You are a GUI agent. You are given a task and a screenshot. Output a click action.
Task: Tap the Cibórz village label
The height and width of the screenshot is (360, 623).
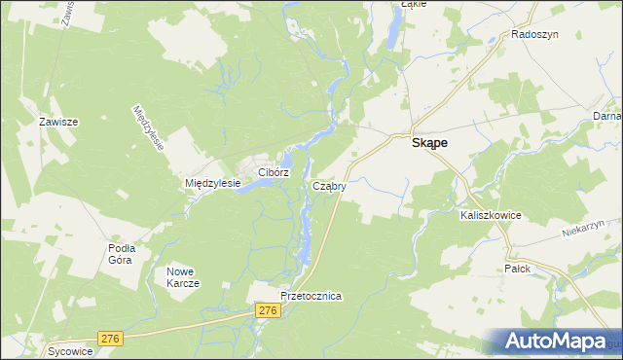[x=274, y=172]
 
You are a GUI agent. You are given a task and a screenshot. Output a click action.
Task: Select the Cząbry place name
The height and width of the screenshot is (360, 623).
[x=329, y=185]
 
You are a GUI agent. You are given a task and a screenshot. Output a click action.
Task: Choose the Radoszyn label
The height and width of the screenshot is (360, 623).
[x=533, y=34]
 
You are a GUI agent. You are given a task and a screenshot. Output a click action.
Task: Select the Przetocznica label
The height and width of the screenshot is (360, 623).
[x=311, y=296]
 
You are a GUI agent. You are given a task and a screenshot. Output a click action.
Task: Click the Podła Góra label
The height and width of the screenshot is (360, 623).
[x=121, y=254]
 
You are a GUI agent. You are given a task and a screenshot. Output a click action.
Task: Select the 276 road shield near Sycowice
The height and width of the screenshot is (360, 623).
[x=110, y=339]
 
